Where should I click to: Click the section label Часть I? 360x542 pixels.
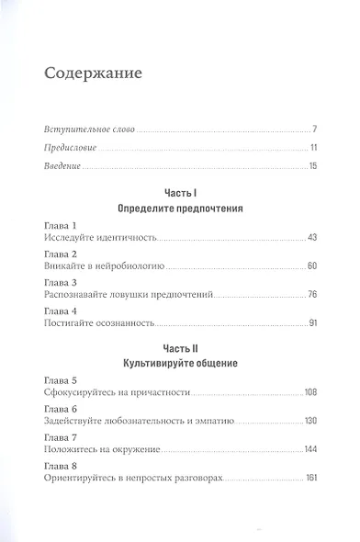coord(180,195)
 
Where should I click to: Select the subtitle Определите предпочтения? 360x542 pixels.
coord(180,209)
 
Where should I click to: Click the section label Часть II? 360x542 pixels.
coord(180,350)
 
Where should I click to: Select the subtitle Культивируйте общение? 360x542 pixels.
coord(180,365)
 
